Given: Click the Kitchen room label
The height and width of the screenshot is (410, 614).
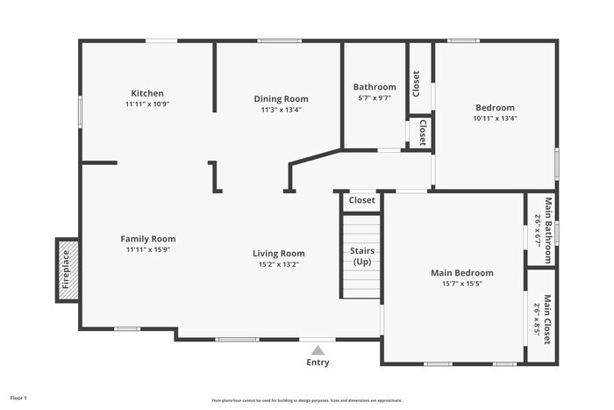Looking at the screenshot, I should click(x=147, y=93).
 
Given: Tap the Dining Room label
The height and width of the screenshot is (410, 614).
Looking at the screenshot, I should click(x=281, y=98).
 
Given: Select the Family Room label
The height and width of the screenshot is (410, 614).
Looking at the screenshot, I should click(x=147, y=239).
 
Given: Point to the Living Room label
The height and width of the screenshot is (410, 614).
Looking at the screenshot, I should click(x=279, y=254).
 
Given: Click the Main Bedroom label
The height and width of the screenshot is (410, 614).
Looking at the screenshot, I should click(x=461, y=273).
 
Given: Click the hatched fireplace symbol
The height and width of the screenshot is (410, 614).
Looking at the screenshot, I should click(x=67, y=270).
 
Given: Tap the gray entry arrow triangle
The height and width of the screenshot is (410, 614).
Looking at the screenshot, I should click(x=318, y=349).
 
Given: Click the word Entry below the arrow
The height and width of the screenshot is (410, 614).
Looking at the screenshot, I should click(x=318, y=363).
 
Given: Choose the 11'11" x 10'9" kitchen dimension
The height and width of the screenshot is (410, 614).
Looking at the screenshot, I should click(x=147, y=104).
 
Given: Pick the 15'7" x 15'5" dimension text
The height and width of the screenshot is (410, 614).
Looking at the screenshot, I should click(x=461, y=284).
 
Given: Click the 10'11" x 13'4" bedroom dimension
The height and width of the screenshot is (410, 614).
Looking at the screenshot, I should click(x=495, y=119).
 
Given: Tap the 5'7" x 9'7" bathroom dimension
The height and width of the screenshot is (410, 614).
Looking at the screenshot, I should click(x=375, y=98).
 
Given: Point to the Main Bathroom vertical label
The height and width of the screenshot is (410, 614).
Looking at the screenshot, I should click(x=547, y=230).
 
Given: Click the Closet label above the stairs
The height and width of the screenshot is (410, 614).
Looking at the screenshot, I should click(x=361, y=200).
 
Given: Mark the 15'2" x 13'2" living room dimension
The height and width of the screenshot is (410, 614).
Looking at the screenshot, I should click(x=279, y=264).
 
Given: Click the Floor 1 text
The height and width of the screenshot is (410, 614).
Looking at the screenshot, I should click(x=18, y=399).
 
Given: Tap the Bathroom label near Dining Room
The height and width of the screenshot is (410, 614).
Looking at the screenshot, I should click(x=375, y=87).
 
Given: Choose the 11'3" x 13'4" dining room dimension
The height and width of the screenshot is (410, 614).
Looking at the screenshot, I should click(x=281, y=110).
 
